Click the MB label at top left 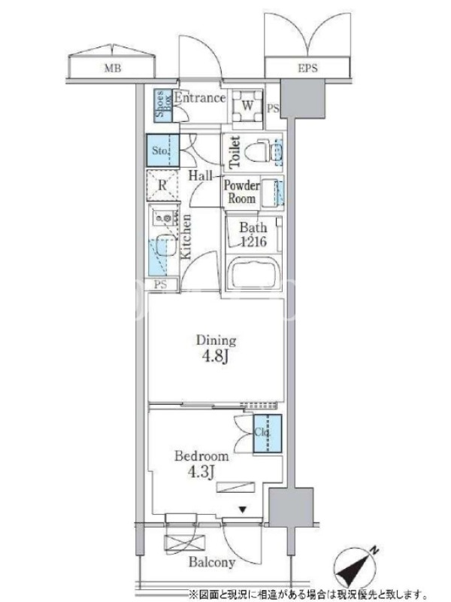click(x=112, y=68)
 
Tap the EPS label click(x=307, y=68)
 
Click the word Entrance click(x=200, y=98)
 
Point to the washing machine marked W click(x=247, y=106)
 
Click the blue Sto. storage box click(x=162, y=150)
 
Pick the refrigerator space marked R click(x=162, y=185)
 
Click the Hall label click(x=200, y=176)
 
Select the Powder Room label click(x=241, y=192)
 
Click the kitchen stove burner click(x=167, y=219)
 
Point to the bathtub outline click(x=254, y=275)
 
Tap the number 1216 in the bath click(x=253, y=242)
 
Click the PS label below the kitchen click(x=161, y=285)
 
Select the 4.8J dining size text click(x=215, y=357)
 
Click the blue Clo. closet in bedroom click(x=267, y=433)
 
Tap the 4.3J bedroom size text click(x=201, y=472)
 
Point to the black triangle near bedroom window click(x=242, y=510)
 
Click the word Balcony click(x=212, y=563)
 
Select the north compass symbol click(x=355, y=567)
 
